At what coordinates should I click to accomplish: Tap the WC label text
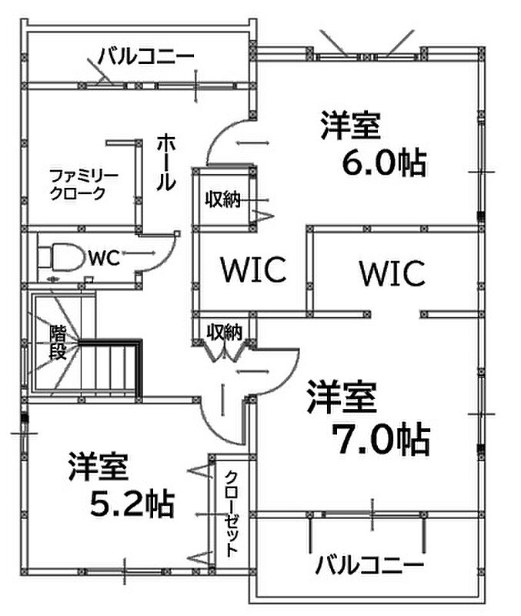102,258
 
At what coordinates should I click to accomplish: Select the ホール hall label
165,162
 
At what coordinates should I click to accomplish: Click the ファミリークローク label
84,184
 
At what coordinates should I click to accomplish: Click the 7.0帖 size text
379,440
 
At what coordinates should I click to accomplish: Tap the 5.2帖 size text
131,504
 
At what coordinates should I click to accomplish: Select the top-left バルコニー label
146,56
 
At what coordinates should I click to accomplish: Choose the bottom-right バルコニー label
369,566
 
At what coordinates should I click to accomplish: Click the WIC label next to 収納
253,269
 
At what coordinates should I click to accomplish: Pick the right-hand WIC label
392,273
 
